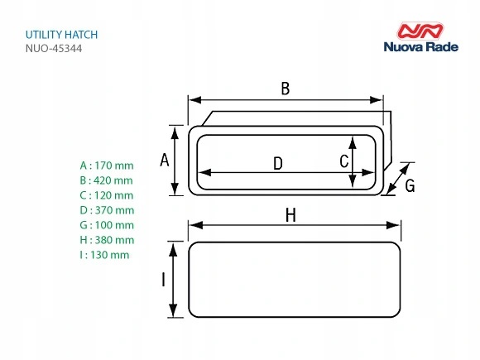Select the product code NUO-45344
coord(54,50)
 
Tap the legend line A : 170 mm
coord(106,165)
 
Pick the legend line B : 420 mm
coord(106,180)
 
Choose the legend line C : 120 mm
coord(106,194)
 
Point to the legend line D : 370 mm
coord(106,210)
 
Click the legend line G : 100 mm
coord(106,225)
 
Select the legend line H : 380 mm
coord(106,240)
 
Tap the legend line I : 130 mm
coord(104,255)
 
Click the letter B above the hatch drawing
coord(286,89)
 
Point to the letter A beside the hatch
coord(164,161)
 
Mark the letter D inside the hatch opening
coord(278,164)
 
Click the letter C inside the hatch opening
coord(343,161)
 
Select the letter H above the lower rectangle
coord(290,215)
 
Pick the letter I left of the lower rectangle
coord(163,280)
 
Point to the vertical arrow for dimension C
coord(353,161)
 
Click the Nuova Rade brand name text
coord(425,49)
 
